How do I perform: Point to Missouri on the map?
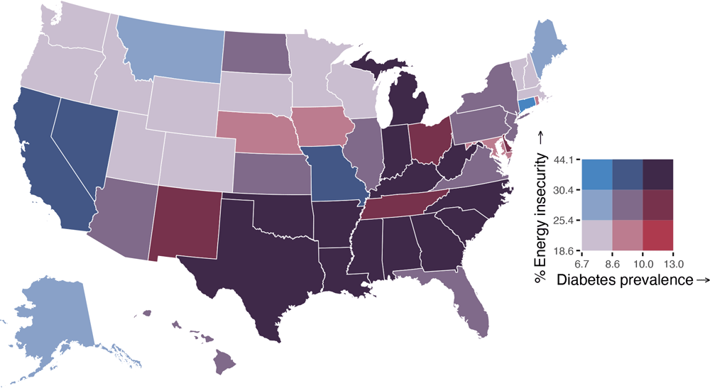point(334,174)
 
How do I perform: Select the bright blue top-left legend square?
point(597,174)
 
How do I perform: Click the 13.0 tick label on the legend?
point(673,260)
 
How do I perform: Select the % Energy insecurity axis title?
point(542,206)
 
